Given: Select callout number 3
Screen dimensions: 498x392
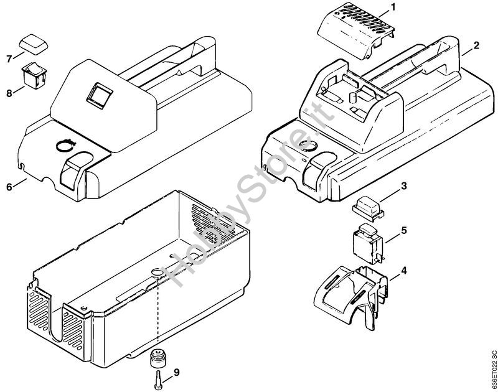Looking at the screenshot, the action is [x=403, y=185].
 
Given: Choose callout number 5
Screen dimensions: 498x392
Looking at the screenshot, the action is [x=403, y=230].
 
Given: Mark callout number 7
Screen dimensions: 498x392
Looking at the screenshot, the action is [x=9, y=59].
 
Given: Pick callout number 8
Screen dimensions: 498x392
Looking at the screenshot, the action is [x=9, y=94].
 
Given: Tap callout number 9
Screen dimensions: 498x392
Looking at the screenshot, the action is [x=176, y=373].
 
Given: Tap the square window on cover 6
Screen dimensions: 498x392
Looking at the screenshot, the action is [x=99, y=95].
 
